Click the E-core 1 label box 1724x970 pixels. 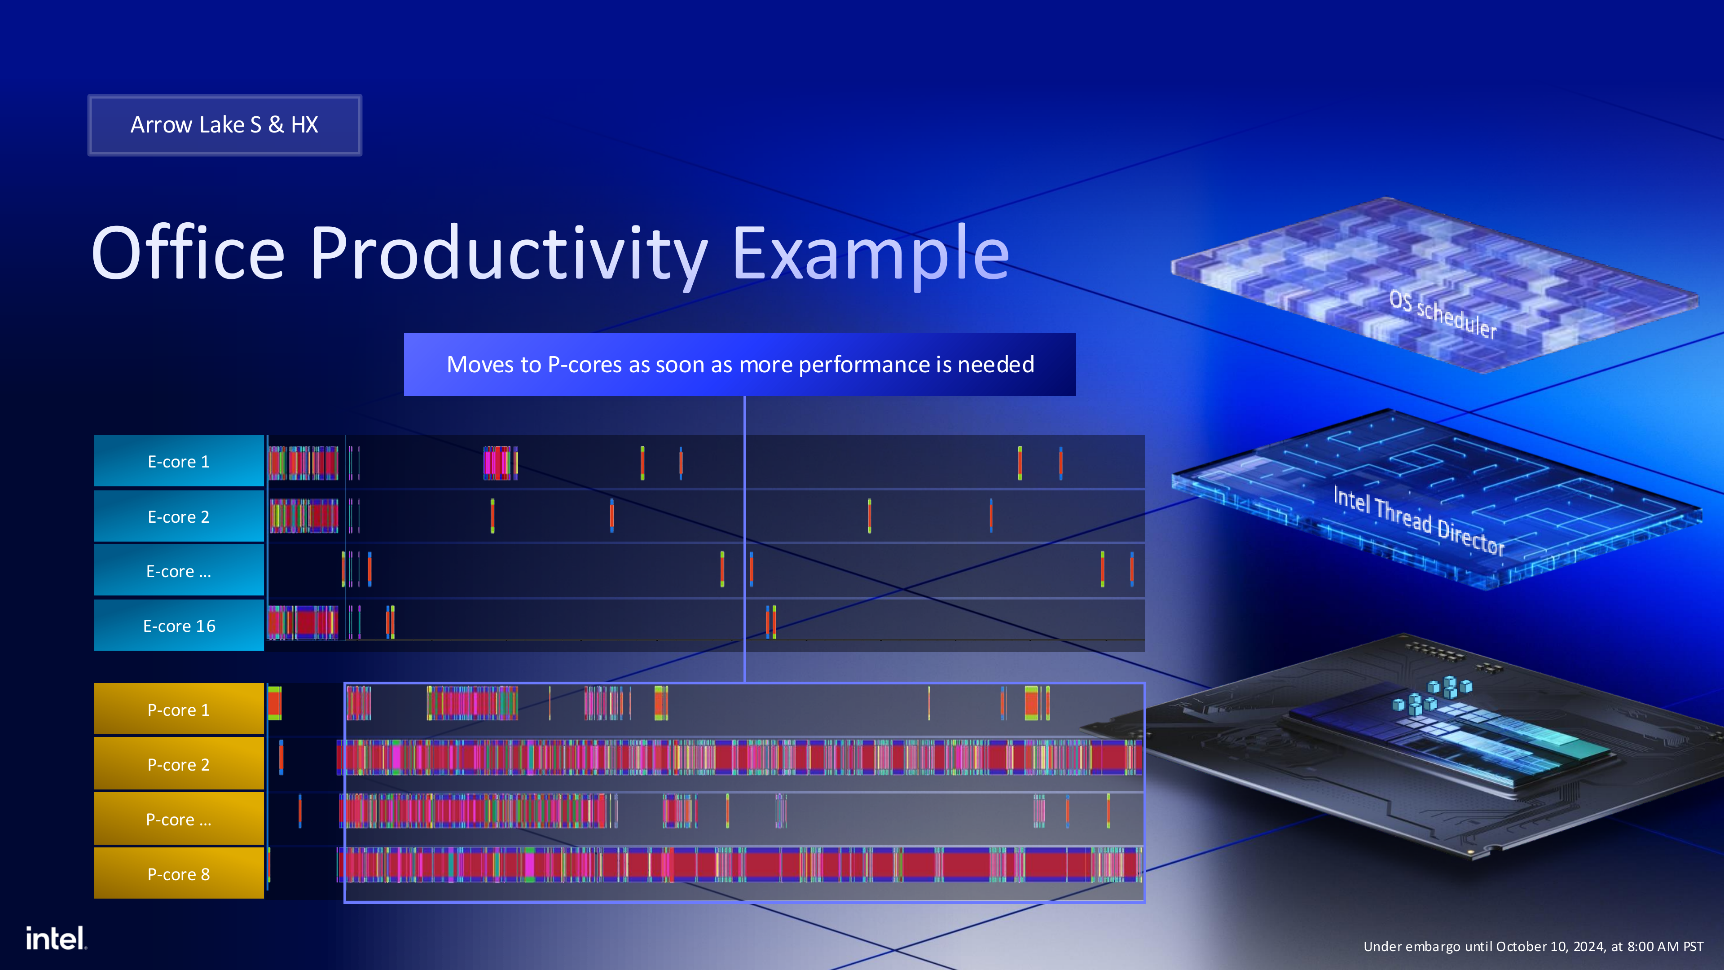(x=179, y=461)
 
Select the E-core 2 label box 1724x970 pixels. (x=179, y=516)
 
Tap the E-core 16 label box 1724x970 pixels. (x=179, y=625)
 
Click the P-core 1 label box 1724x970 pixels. (x=179, y=710)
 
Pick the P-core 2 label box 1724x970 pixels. (x=179, y=764)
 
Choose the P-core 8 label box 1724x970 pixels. (x=179, y=873)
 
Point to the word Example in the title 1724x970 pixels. (x=870, y=254)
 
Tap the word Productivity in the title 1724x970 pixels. (x=509, y=254)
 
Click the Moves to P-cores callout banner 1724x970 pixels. (x=739, y=364)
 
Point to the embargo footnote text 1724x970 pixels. (x=1533, y=946)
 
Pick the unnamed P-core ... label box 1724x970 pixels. (x=179, y=820)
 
